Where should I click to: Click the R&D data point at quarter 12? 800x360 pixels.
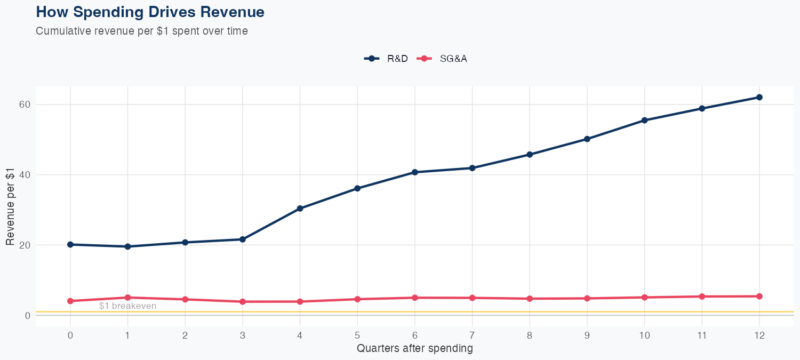click(759, 97)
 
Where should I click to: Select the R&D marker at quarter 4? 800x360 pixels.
click(300, 209)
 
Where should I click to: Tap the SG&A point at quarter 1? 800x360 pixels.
click(127, 298)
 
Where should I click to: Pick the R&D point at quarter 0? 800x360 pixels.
click(70, 244)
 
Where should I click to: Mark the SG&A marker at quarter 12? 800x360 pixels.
click(759, 296)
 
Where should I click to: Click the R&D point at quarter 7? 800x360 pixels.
click(472, 168)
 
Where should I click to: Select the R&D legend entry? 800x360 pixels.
click(387, 59)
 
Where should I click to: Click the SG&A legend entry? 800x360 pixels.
click(443, 59)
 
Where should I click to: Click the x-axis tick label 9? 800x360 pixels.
click(587, 335)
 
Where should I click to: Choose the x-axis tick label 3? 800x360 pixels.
click(242, 335)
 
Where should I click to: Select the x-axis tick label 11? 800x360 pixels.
click(701, 335)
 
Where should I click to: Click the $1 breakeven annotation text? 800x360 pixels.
click(127, 306)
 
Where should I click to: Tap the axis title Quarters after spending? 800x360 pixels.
click(414, 349)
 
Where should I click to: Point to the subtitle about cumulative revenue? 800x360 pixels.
click(141, 31)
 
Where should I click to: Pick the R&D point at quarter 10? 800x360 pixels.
click(644, 120)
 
